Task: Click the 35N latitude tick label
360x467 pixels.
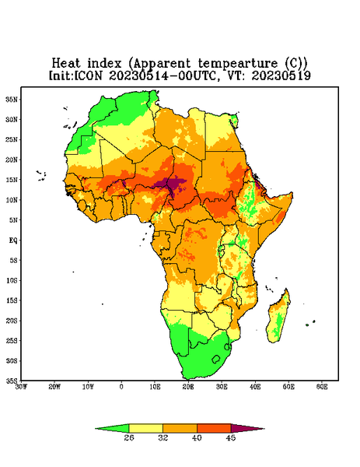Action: [x=12, y=99]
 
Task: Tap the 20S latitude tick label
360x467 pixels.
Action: [x=12, y=321]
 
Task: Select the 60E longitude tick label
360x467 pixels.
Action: [x=322, y=387]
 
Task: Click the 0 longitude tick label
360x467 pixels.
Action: [x=121, y=387]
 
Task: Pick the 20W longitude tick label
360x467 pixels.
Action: [x=54, y=387]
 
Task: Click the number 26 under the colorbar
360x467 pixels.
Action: [x=129, y=437]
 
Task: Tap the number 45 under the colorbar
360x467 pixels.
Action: [x=231, y=437]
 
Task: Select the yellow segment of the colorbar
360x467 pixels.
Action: [x=145, y=428]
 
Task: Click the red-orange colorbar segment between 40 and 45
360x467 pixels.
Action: [x=214, y=428]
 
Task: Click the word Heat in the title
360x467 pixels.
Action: [x=66, y=63]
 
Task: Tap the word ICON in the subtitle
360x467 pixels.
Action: [x=88, y=75]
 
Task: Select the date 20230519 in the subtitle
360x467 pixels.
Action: [x=281, y=75]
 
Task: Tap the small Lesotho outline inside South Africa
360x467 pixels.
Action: [x=216, y=359]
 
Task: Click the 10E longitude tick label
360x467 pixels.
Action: [x=155, y=387]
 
